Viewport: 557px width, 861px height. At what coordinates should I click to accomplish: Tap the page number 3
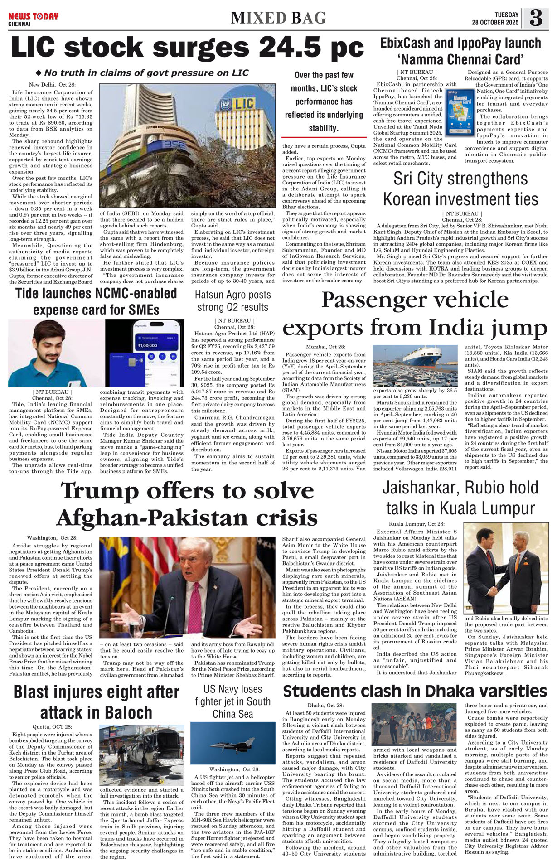click(536, 18)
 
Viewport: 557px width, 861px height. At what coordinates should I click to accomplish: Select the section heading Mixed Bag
click(278, 18)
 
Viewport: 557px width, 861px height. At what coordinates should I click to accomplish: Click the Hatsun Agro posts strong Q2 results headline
click(232, 300)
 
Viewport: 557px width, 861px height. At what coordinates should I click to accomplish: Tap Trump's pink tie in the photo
click(195, 603)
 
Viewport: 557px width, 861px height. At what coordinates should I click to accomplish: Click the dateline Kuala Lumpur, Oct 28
click(416, 524)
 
